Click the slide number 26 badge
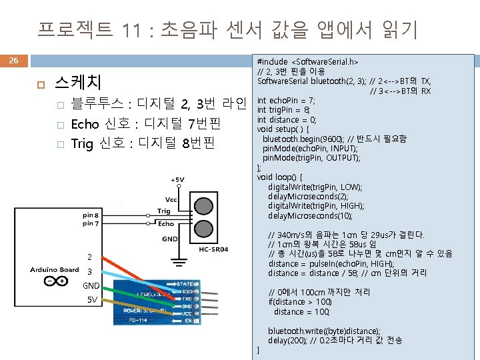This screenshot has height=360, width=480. coord(13,61)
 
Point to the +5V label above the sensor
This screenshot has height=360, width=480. coord(178,180)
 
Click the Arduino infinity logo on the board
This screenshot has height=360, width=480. coord(51,281)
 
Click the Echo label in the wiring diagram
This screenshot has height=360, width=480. coord(166,224)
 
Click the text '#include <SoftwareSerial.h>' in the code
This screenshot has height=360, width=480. coord(307,62)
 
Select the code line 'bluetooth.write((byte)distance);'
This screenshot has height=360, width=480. coord(324,331)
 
